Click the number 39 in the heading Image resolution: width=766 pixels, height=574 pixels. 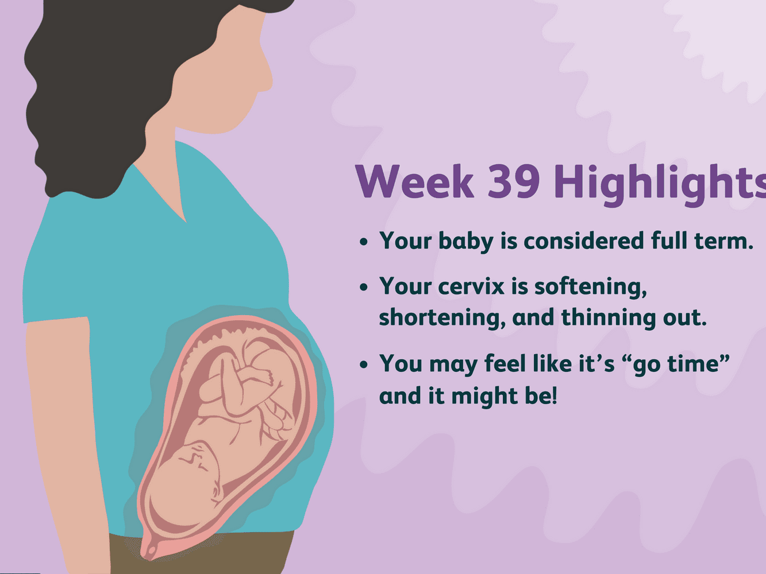point(514,181)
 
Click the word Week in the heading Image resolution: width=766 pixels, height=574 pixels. point(414,181)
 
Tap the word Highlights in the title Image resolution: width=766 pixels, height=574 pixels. point(660,185)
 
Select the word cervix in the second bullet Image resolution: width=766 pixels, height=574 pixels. point(471,286)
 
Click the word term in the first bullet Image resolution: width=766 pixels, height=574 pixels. point(724,242)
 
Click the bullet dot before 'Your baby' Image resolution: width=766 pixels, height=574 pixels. point(364,242)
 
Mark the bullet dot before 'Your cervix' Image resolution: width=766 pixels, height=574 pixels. point(364,287)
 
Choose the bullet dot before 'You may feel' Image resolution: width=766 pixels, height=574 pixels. point(364,364)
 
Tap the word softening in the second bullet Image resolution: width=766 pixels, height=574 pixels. point(591,287)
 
